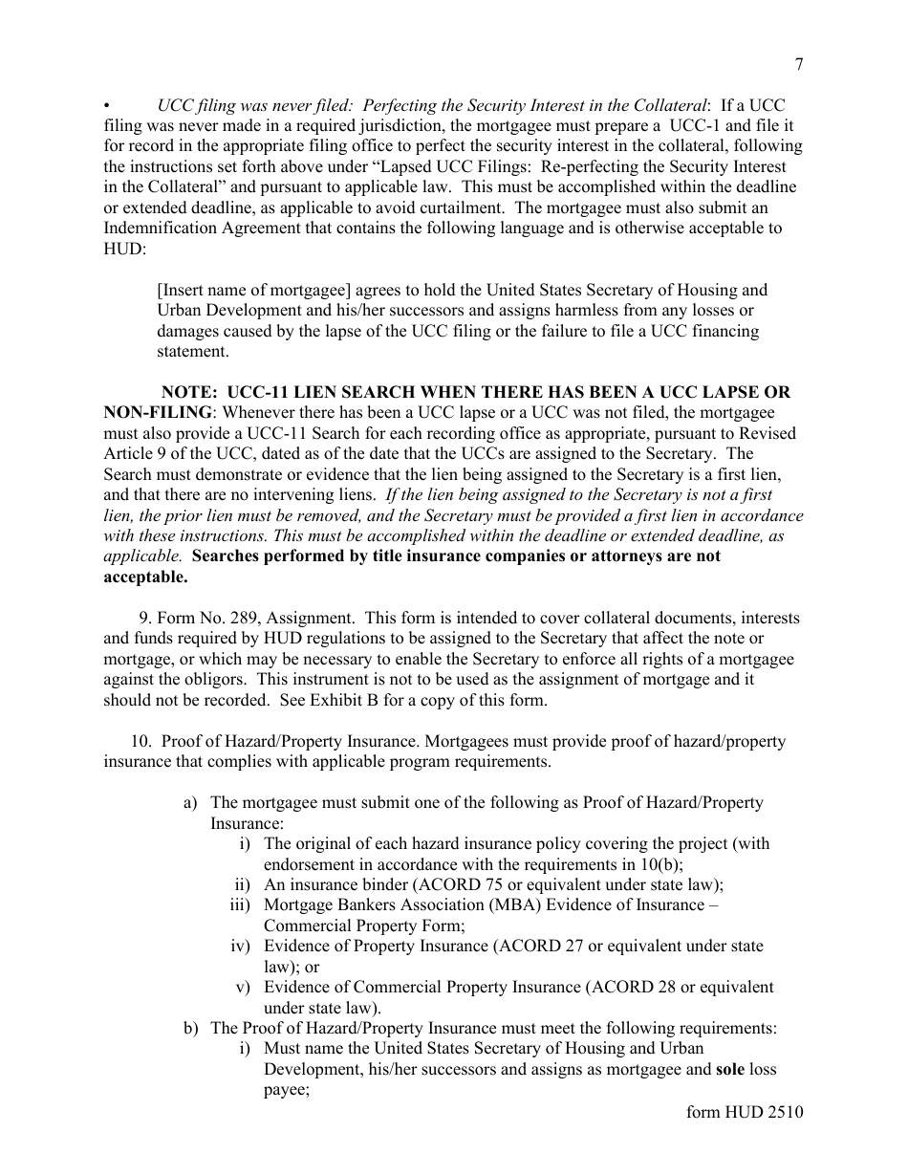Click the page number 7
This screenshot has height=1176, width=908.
(x=798, y=64)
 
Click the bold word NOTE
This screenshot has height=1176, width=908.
(x=189, y=393)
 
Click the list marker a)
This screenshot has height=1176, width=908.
(x=190, y=803)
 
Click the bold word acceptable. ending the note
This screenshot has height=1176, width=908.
(x=145, y=577)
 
